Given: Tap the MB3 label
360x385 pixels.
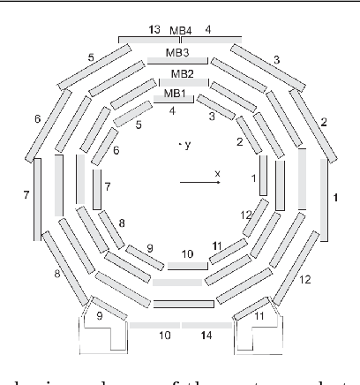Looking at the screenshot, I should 183,52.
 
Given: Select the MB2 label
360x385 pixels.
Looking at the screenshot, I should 182,73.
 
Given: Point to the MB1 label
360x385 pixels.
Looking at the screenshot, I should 175,94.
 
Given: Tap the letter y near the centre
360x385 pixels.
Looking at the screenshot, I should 187,143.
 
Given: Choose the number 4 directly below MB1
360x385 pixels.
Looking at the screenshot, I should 173,111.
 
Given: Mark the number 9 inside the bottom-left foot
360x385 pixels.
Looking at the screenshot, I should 100,313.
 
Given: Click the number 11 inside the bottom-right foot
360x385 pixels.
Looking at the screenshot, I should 259,313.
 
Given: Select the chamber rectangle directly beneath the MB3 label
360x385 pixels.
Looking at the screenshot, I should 183,62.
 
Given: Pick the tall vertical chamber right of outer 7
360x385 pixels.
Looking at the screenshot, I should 59,185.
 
